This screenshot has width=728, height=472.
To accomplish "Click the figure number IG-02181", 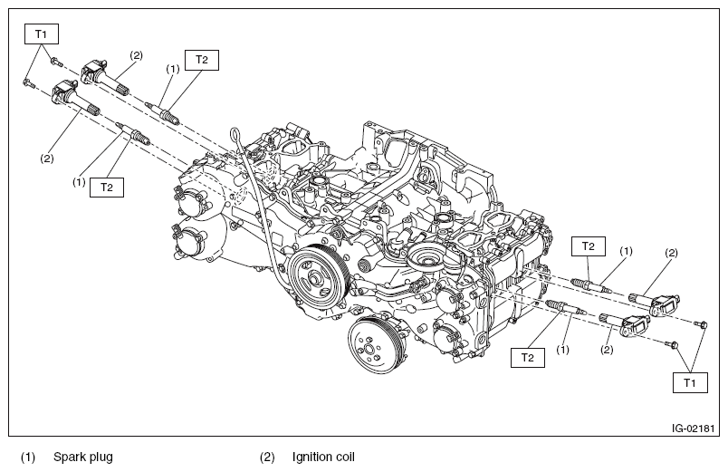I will point(693,428).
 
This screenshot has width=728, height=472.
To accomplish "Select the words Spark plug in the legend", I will point(82,457).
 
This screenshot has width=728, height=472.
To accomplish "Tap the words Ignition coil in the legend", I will point(323,457).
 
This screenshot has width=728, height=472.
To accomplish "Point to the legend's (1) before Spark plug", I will point(29,457).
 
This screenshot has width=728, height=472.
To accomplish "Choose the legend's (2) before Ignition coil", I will point(267,457).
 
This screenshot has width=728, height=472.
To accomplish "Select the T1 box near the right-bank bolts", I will point(689,383).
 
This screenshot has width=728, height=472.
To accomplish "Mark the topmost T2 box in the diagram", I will point(201,60).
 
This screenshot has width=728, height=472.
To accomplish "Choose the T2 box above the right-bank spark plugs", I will point(588,246).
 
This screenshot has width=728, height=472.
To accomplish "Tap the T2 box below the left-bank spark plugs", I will point(106,187).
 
